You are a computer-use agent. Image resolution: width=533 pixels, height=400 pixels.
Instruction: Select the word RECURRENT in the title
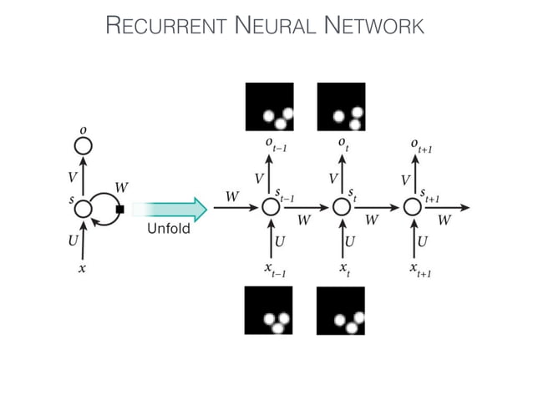(166, 27)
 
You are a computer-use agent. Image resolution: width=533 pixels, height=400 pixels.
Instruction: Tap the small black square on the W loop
(120, 209)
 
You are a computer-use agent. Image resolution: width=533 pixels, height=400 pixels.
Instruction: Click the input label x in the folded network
(82, 269)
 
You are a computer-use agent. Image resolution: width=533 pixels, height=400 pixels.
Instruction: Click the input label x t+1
(418, 269)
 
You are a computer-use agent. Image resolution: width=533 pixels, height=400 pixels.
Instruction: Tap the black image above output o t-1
(269, 107)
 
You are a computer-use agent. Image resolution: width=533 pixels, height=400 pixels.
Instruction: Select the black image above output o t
(341, 107)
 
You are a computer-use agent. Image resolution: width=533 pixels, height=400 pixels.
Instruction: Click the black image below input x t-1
(268, 310)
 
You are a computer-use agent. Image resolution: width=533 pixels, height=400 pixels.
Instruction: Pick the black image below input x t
(341, 310)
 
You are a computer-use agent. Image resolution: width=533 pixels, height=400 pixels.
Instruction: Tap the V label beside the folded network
(72, 177)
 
